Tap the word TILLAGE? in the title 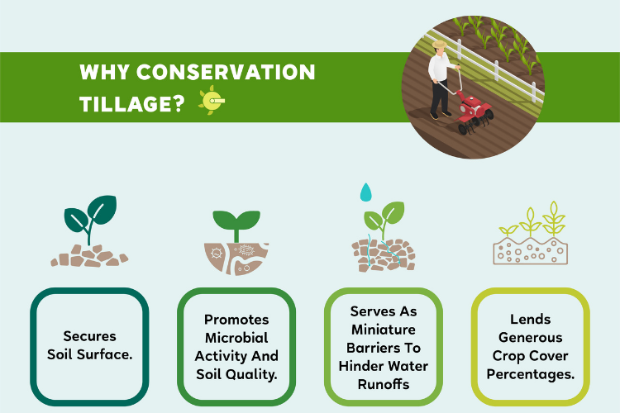(131, 102)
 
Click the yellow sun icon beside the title (212, 101)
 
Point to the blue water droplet (365, 192)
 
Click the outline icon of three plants (529, 235)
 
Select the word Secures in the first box (89, 336)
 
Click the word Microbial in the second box (236, 338)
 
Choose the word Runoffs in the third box (383, 383)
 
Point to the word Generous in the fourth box (530, 338)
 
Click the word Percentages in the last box (532, 374)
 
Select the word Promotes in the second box (236, 320)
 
